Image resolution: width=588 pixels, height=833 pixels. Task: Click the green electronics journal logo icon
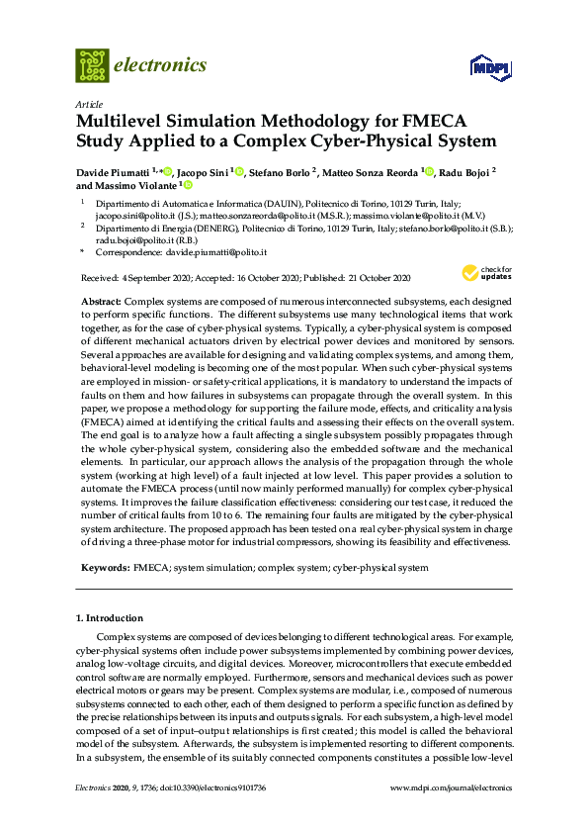92,65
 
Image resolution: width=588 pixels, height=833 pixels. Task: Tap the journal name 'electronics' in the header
161,65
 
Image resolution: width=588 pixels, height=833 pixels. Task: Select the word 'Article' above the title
87,103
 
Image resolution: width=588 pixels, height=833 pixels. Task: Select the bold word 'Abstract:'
102,299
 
